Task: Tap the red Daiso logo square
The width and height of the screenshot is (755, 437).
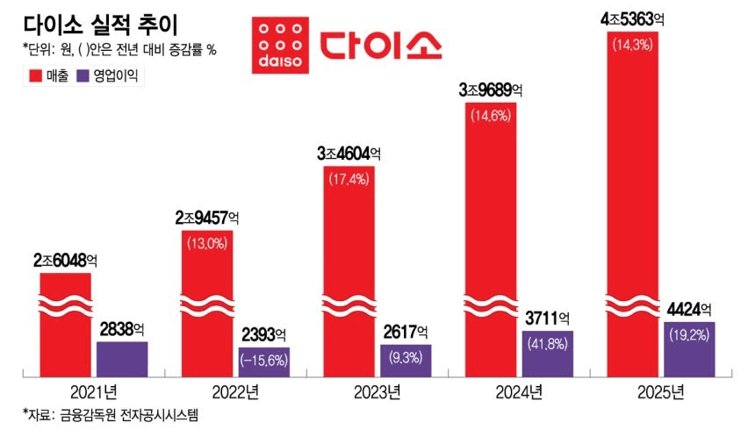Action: tap(276, 42)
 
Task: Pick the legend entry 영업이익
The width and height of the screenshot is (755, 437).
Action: tap(109, 76)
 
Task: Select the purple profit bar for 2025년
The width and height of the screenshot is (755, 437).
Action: tap(690, 349)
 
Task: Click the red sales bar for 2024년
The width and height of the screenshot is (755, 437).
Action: tap(490, 237)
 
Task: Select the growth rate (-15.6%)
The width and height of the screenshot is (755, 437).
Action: tap(264, 361)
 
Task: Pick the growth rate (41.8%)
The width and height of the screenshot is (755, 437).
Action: tap(547, 344)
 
